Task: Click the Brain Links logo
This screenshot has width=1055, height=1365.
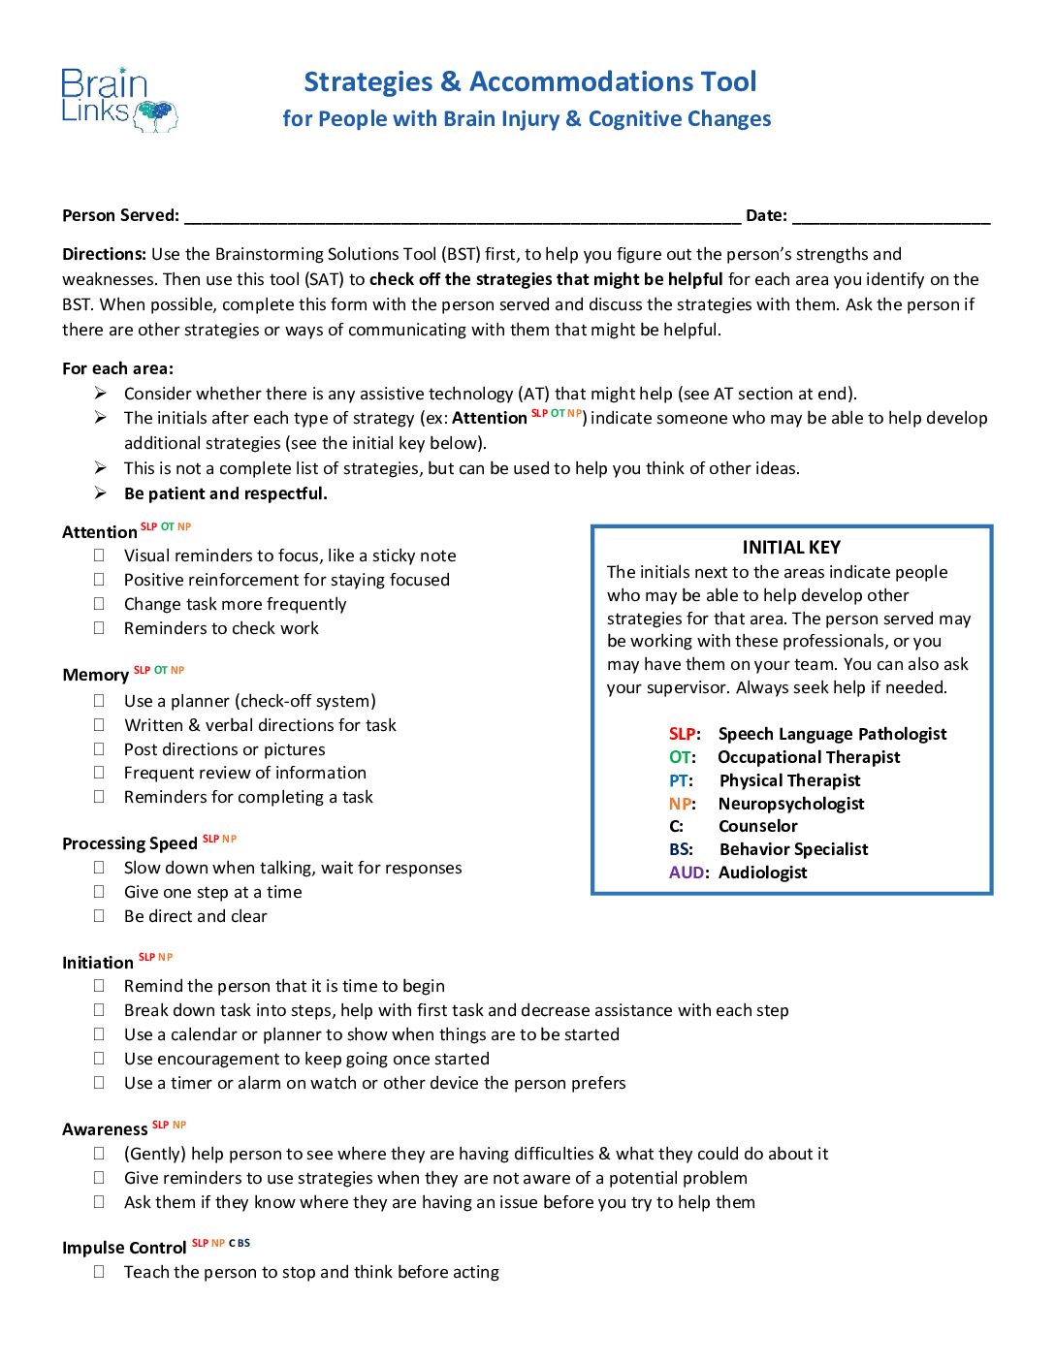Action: [x=118, y=99]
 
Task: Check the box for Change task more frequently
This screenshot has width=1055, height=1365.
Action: [x=99, y=603]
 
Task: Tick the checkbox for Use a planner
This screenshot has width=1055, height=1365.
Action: [x=99, y=700]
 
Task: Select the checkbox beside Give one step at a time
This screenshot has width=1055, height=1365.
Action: [x=99, y=891]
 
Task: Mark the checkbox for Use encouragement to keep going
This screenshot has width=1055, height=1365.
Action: [x=99, y=1058]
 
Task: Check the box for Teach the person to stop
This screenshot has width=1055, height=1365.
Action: [x=99, y=1271]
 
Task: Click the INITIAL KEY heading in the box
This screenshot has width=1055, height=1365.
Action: [x=791, y=547]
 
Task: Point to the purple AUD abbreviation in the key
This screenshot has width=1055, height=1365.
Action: [x=687, y=873]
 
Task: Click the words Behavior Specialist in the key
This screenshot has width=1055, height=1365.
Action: [x=793, y=849]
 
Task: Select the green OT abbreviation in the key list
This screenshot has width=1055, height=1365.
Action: [x=681, y=757]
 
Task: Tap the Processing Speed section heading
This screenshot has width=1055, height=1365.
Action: [x=129, y=843]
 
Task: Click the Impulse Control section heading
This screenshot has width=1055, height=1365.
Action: [x=124, y=1248]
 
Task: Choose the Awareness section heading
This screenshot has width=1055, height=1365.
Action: [x=105, y=1129]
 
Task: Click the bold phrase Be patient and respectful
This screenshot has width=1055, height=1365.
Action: [x=226, y=493]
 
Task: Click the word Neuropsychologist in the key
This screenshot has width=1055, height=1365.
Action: [x=791, y=804]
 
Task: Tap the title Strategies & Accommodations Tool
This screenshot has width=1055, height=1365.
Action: [x=529, y=81]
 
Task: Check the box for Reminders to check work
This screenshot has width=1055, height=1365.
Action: [x=99, y=627]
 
